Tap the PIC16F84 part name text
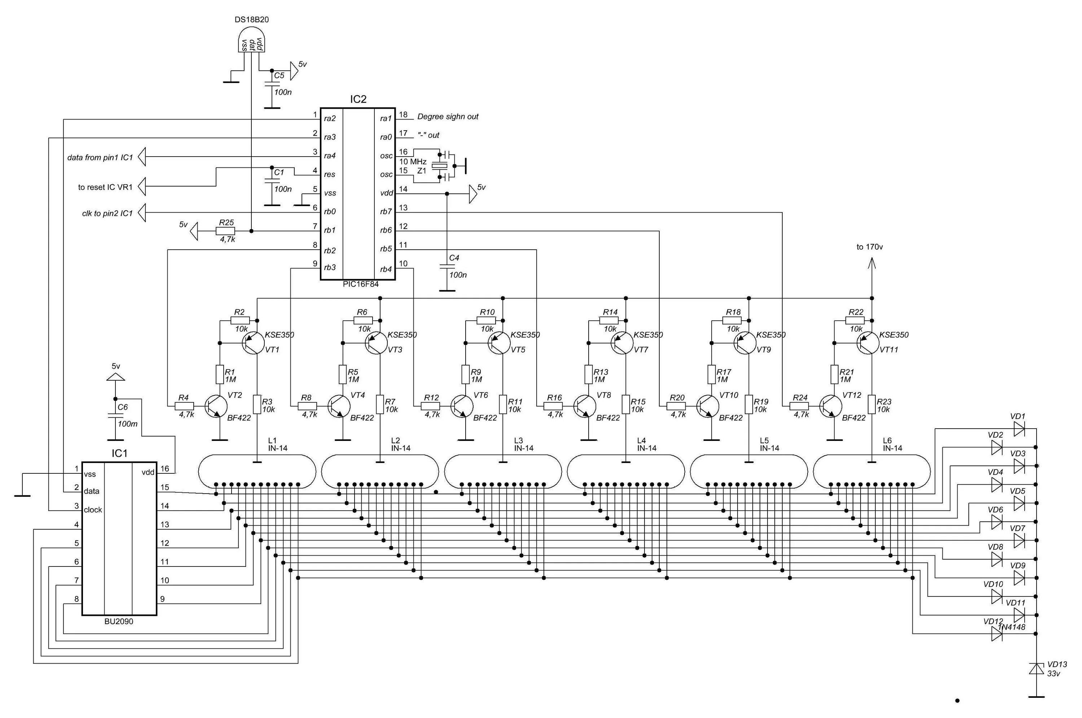click(x=361, y=284)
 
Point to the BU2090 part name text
click(x=119, y=621)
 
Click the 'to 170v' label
click(x=870, y=247)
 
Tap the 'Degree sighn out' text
click(x=448, y=117)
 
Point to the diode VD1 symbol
click(x=1019, y=429)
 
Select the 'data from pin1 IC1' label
click(x=100, y=158)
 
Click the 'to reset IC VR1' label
click(x=105, y=187)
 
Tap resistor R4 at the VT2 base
click(x=184, y=406)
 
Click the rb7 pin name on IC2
click(x=386, y=211)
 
